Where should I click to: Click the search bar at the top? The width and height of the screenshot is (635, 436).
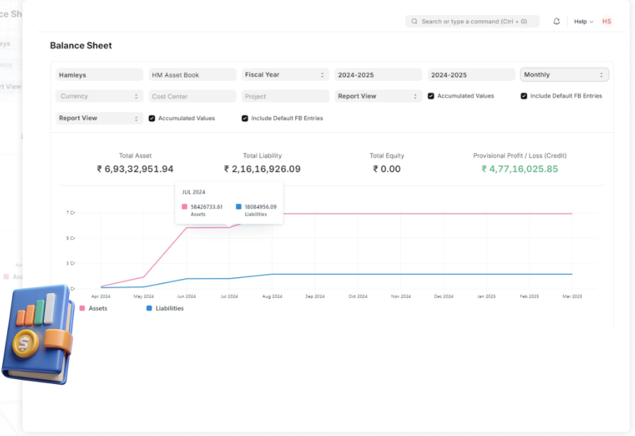473,22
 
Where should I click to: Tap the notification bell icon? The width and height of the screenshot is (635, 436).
557,22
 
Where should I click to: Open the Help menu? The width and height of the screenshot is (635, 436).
584,22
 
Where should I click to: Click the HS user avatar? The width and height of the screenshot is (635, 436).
607,22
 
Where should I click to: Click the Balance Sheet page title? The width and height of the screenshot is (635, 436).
81,46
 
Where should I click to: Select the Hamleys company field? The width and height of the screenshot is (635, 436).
99,75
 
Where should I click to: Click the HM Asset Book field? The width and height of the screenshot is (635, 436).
192,75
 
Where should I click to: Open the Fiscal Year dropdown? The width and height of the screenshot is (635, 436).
286,75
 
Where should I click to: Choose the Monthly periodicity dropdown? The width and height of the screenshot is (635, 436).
565,75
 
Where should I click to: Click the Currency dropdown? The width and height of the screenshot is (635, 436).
99,96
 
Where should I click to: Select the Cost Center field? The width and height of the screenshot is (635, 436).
192,96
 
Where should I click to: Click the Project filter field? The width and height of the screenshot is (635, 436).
286,96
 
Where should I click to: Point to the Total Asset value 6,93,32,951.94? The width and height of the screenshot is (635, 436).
135,169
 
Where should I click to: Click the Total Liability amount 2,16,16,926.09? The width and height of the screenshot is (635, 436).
262,169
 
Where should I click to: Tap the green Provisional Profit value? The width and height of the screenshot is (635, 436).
520,169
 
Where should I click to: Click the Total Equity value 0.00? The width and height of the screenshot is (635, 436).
387,169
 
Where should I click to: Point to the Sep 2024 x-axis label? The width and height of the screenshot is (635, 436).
315,297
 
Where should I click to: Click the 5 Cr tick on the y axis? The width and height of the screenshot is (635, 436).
70,238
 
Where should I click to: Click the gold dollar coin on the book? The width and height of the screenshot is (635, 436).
25,345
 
